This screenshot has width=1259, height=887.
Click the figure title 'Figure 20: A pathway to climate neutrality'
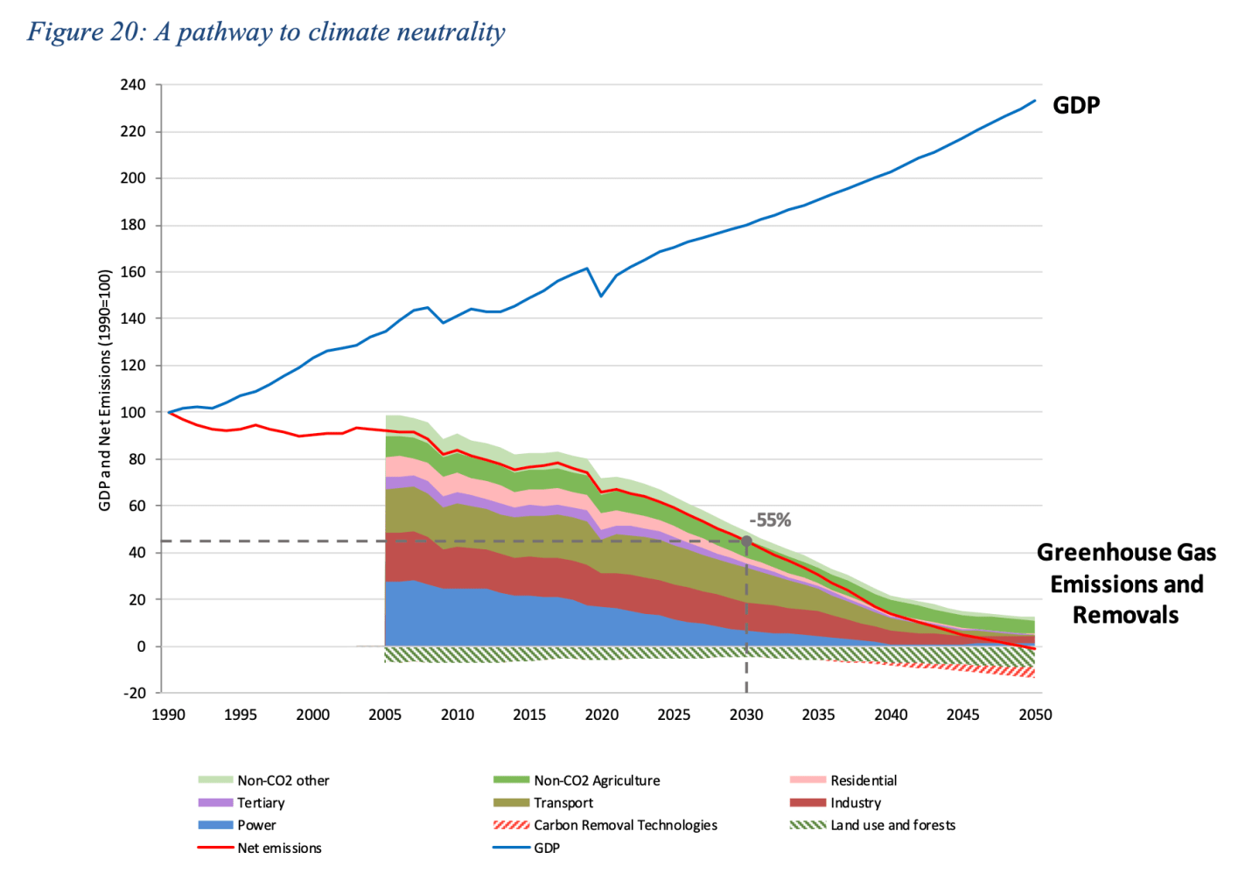coord(266,32)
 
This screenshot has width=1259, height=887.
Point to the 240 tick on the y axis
coord(133,85)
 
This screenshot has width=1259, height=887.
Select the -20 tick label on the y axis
coord(134,693)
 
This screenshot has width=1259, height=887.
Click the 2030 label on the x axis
coord(746,715)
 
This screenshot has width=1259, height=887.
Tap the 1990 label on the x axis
coord(168,715)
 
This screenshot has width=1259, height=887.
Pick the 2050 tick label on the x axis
coord(1035,715)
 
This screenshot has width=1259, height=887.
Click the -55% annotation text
coord(770,520)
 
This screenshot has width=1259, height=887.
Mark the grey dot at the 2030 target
coord(746,541)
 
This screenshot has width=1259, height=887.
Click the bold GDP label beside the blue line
coord(1076,106)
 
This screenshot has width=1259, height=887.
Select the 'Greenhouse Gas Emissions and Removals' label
coord(1126,583)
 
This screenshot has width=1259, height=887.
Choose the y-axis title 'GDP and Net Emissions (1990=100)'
coord(105,390)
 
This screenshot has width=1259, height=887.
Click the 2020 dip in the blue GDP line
coord(601,296)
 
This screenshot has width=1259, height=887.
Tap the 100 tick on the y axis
coord(133,412)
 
